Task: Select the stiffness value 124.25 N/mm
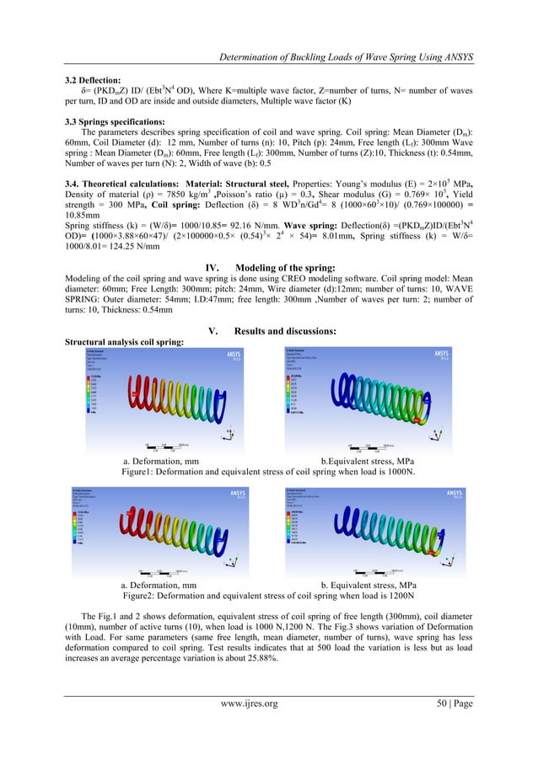[137, 250]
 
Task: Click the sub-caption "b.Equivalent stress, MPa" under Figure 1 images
[374, 462]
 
